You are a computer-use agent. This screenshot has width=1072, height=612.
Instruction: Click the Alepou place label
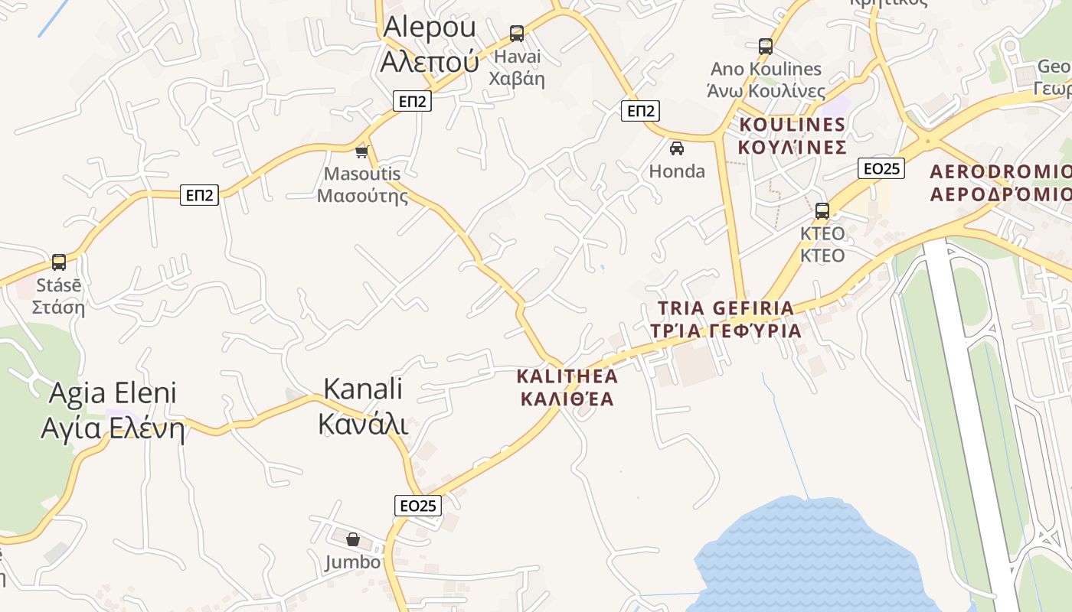click(x=430, y=43)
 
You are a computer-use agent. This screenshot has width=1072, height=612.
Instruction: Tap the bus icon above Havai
click(x=517, y=34)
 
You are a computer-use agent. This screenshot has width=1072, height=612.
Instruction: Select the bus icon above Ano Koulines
click(x=766, y=47)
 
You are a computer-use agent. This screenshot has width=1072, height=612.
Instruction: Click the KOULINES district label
click(x=793, y=135)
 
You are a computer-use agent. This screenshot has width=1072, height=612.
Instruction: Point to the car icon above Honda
click(x=676, y=148)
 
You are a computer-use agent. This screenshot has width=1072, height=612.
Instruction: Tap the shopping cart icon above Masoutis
click(x=362, y=151)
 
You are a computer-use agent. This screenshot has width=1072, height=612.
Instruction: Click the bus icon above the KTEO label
click(x=822, y=211)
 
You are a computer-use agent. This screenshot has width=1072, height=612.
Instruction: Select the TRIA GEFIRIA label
click(x=726, y=319)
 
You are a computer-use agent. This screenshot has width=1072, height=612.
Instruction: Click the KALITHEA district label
click(x=567, y=387)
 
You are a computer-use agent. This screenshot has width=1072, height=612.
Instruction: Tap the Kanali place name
click(x=363, y=405)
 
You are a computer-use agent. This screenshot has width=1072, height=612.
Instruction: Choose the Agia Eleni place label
click(x=113, y=410)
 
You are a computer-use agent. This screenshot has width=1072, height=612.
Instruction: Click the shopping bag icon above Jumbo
click(x=352, y=540)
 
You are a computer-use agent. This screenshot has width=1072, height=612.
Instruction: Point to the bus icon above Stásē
click(x=59, y=262)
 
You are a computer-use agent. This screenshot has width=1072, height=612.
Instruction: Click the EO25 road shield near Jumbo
click(x=419, y=506)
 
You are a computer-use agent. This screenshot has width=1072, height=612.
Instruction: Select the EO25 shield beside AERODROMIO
click(x=881, y=168)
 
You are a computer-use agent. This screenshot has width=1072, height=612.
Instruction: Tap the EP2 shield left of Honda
click(x=640, y=112)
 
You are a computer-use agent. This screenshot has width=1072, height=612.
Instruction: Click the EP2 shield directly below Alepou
click(x=412, y=100)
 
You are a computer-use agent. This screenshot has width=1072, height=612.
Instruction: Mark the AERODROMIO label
click(x=1000, y=181)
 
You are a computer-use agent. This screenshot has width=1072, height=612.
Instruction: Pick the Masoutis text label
click(x=362, y=184)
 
